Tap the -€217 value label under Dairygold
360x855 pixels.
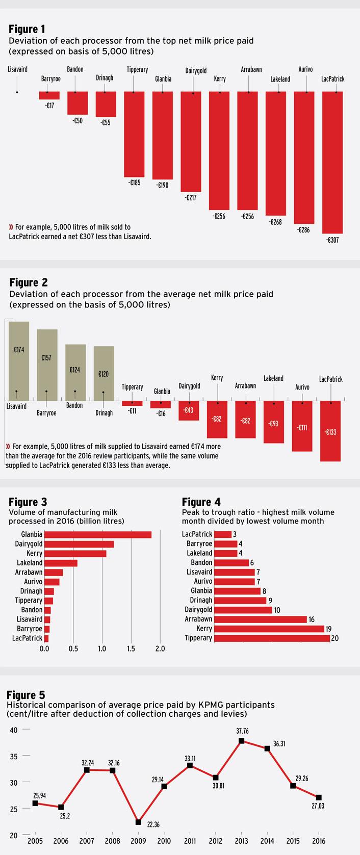tap(191, 197)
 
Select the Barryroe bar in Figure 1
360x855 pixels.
tap(49, 95)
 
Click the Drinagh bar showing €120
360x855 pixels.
tap(104, 373)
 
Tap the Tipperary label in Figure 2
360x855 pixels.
tap(132, 387)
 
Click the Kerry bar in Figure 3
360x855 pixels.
tap(75, 553)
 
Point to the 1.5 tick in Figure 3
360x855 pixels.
tap(131, 649)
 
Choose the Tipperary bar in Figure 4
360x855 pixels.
tap(272, 638)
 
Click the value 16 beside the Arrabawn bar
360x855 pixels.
tap(311, 619)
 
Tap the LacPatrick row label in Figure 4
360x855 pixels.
tap(197, 534)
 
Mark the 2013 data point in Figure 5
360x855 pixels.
tap(241, 741)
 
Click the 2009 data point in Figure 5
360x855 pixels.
tap(138, 822)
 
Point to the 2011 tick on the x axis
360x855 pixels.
tap(190, 840)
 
